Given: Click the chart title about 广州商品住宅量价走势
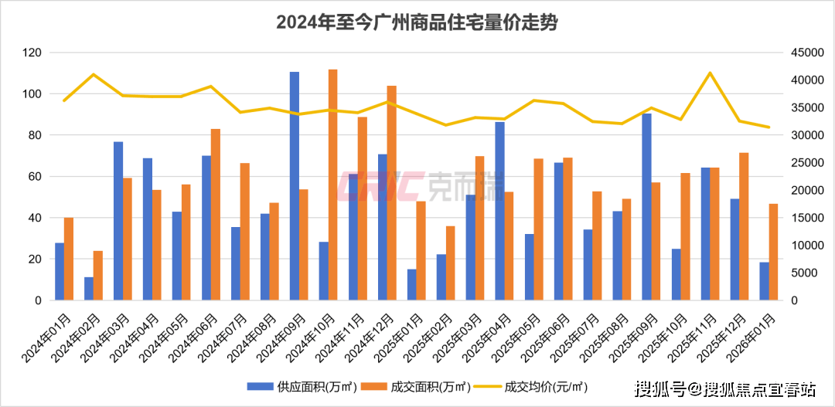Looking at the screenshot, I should point(417,23).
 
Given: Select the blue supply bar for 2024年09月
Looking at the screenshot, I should point(295,186).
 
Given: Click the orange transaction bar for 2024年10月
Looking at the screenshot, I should point(333,185).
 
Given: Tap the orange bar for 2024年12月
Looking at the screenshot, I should point(392,193).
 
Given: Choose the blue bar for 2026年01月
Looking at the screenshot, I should point(764,281).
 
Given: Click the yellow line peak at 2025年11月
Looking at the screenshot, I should point(710,73).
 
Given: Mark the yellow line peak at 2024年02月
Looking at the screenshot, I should point(94,74).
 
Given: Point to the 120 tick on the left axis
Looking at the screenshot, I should point(32,53).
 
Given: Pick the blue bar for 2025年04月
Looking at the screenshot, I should point(499,211).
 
